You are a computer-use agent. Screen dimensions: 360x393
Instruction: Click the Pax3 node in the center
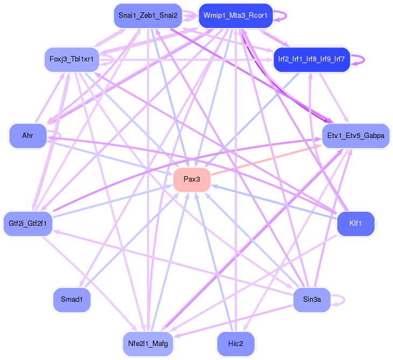[x=192, y=179]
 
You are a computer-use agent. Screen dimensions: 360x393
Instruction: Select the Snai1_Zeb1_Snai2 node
[x=148, y=15]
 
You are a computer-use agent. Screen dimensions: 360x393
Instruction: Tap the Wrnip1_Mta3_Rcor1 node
[x=236, y=15]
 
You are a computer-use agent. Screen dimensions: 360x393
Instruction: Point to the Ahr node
[x=27, y=136]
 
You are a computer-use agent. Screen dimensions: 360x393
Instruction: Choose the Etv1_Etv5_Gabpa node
[x=355, y=136]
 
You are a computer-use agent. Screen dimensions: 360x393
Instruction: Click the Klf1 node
[x=355, y=223]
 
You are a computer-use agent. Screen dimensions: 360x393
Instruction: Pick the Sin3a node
[x=311, y=300]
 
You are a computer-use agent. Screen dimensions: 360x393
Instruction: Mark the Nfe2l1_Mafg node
[x=148, y=343]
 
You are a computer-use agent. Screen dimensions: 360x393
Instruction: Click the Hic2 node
[x=235, y=343]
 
